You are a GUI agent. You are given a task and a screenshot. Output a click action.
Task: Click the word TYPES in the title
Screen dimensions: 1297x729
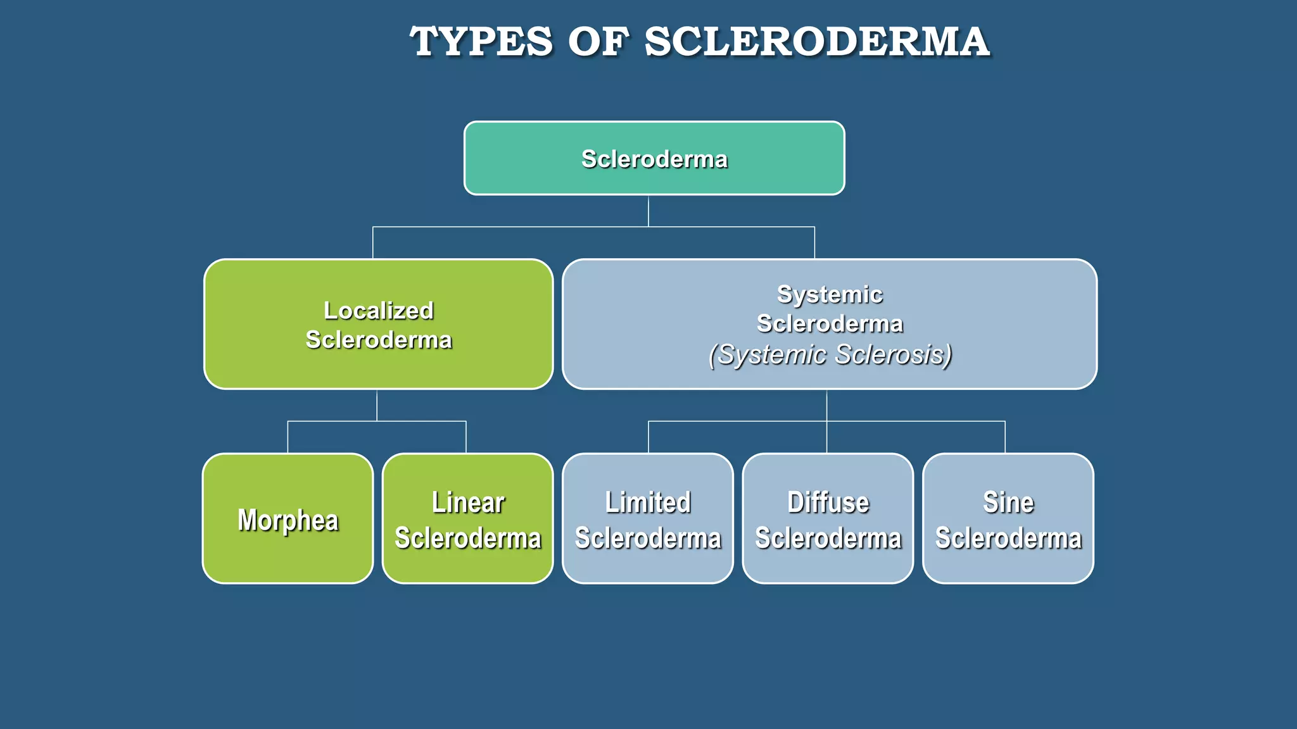tap(481, 42)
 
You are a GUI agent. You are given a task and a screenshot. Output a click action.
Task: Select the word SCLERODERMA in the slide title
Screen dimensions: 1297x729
tap(817, 42)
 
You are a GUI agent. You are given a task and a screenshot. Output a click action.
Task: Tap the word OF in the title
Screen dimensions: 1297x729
tap(598, 42)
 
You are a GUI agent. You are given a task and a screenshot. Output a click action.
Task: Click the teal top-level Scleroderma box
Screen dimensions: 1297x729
tap(654, 158)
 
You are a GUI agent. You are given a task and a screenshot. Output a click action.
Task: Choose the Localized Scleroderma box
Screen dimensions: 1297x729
tap(378, 324)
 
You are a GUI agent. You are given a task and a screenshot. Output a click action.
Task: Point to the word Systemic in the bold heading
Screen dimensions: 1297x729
tap(830, 294)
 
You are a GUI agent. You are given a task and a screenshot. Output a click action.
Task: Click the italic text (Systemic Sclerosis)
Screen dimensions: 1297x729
tap(830, 354)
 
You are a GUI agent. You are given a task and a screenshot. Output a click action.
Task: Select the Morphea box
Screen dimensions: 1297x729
tap(288, 519)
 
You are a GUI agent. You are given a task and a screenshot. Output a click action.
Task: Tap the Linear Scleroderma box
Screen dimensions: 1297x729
tap(467, 519)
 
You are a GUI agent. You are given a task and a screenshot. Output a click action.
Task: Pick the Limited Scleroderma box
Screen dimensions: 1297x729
tap(648, 519)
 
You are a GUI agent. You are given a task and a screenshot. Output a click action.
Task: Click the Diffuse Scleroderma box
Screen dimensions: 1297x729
tap(828, 519)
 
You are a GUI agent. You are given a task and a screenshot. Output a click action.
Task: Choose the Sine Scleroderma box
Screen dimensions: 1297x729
tap(1008, 519)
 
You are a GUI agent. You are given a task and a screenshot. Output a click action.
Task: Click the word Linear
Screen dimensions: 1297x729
tap(468, 502)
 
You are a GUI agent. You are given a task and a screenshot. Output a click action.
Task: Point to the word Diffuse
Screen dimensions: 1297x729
tap(828, 502)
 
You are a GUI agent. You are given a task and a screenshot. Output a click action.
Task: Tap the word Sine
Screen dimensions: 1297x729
tap(1008, 502)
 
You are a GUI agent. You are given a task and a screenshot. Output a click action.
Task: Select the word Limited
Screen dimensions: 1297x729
tap(648, 502)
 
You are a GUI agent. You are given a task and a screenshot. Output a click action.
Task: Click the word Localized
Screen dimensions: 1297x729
tap(379, 311)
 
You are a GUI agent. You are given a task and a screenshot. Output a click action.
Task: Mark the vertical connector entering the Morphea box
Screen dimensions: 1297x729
tap(288, 437)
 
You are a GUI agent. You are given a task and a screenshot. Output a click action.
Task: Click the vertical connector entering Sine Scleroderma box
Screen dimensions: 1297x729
tap(1005, 437)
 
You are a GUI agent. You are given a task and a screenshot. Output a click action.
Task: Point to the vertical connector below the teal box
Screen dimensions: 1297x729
tap(648, 211)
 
